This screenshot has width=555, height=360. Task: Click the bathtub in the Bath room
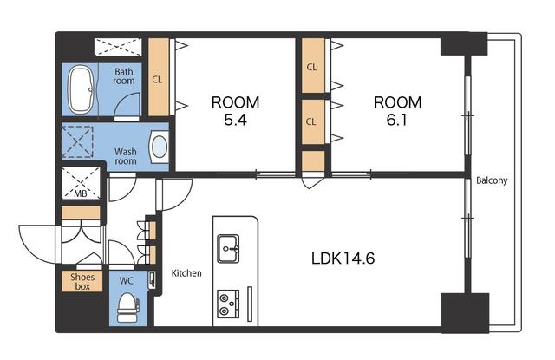pos(81,90)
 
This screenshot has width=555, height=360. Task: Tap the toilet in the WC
pos(127,307)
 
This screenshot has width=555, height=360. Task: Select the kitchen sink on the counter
pos(228,248)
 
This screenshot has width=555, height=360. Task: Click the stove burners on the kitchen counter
pos(228,304)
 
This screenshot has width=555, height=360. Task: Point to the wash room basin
pos(159,147)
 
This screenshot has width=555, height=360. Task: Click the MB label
pos(81,193)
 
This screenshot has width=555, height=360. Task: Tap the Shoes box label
pos(82,282)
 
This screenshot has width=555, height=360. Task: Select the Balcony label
pos(492,180)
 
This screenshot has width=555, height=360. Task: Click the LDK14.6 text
pos(343,258)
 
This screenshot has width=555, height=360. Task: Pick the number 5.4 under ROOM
pos(235,121)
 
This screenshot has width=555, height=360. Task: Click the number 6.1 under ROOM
pos(397,121)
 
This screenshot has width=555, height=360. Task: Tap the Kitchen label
pos(186,273)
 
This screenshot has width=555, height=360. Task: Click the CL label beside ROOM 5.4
pos(157,80)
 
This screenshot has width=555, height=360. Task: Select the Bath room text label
pos(124,76)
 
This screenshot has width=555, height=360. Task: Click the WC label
pos(126,281)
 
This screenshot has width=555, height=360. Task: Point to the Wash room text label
pos(125,156)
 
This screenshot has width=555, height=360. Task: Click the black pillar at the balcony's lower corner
pos(465,312)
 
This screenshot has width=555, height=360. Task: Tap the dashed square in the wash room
pos(77,141)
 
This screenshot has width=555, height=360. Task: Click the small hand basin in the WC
pos(153,280)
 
